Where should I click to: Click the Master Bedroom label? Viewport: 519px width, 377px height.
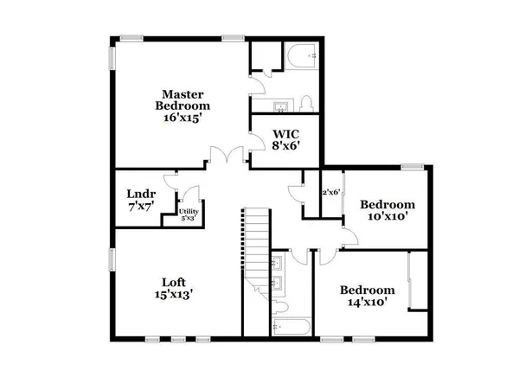coord(183,105)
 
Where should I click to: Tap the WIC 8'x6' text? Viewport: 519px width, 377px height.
coord(285,140)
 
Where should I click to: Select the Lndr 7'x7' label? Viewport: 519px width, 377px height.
coord(141,200)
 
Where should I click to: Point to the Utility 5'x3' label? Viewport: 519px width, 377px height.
coord(188,215)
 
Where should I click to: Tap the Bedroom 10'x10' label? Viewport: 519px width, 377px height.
coord(388,210)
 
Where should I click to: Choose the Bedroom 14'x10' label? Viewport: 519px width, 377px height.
coord(367,296)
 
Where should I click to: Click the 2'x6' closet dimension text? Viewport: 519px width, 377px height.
coord(330,193)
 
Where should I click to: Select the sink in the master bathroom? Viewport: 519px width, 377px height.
coord(281,106)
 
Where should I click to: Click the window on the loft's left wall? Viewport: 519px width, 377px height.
coord(111,259)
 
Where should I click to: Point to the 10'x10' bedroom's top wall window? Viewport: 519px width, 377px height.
coord(411,166)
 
